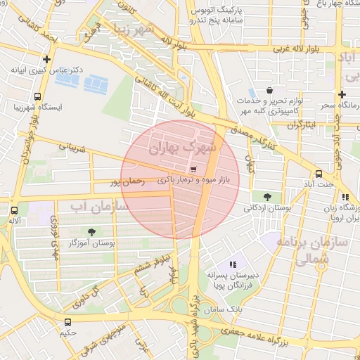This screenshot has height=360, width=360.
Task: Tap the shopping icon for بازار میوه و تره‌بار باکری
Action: point(193,169)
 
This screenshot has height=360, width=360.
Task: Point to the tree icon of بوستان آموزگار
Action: point(91,231)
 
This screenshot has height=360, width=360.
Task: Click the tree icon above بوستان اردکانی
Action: point(266,196)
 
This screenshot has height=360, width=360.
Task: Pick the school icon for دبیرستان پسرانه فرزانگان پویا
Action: point(233,265)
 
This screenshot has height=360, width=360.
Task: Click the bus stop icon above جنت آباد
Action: point(319,174)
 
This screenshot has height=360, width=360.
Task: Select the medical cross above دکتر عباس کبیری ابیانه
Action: point(47,60)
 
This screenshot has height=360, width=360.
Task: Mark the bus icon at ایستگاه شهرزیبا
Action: point(37,97)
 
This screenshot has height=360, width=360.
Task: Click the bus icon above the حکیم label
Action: point(67,321)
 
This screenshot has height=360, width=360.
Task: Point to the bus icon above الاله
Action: point(14,210)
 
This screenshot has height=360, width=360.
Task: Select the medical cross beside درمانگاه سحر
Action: point(342,94)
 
